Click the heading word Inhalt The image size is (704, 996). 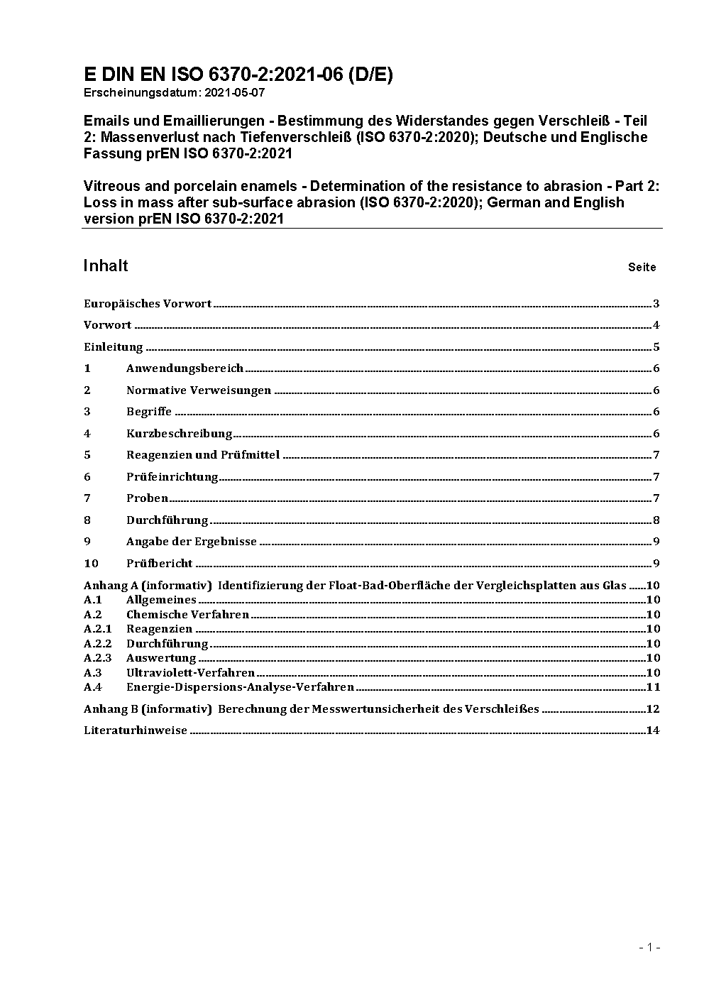pyautogui.click(x=106, y=266)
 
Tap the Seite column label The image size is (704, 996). pyautogui.click(x=642, y=268)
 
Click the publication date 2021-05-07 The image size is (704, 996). pyautogui.click(x=235, y=92)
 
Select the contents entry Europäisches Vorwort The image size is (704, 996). pyautogui.click(x=148, y=304)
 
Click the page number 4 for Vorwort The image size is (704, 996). pyautogui.click(x=656, y=325)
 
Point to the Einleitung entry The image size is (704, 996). pyautogui.click(x=114, y=347)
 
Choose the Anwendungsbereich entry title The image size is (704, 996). pyautogui.click(x=185, y=368)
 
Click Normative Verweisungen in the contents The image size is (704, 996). pyautogui.click(x=199, y=390)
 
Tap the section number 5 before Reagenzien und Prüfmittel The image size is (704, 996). pyautogui.click(x=87, y=455)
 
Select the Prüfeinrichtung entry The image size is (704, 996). pyautogui.click(x=172, y=477)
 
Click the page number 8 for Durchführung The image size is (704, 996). pyautogui.click(x=656, y=520)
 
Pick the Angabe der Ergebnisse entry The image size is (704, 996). pyautogui.click(x=192, y=542)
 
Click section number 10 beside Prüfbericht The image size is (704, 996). pyautogui.click(x=91, y=564)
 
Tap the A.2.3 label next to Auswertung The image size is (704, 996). pyautogui.click(x=97, y=658)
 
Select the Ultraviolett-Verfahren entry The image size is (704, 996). pyautogui.click(x=190, y=673)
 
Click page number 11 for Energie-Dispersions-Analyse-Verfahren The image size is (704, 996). pyautogui.click(x=653, y=687)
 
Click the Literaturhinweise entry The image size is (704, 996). pyautogui.click(x=136, y=730)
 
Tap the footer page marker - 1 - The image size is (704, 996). pyautogui.click(x=649, y=947)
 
